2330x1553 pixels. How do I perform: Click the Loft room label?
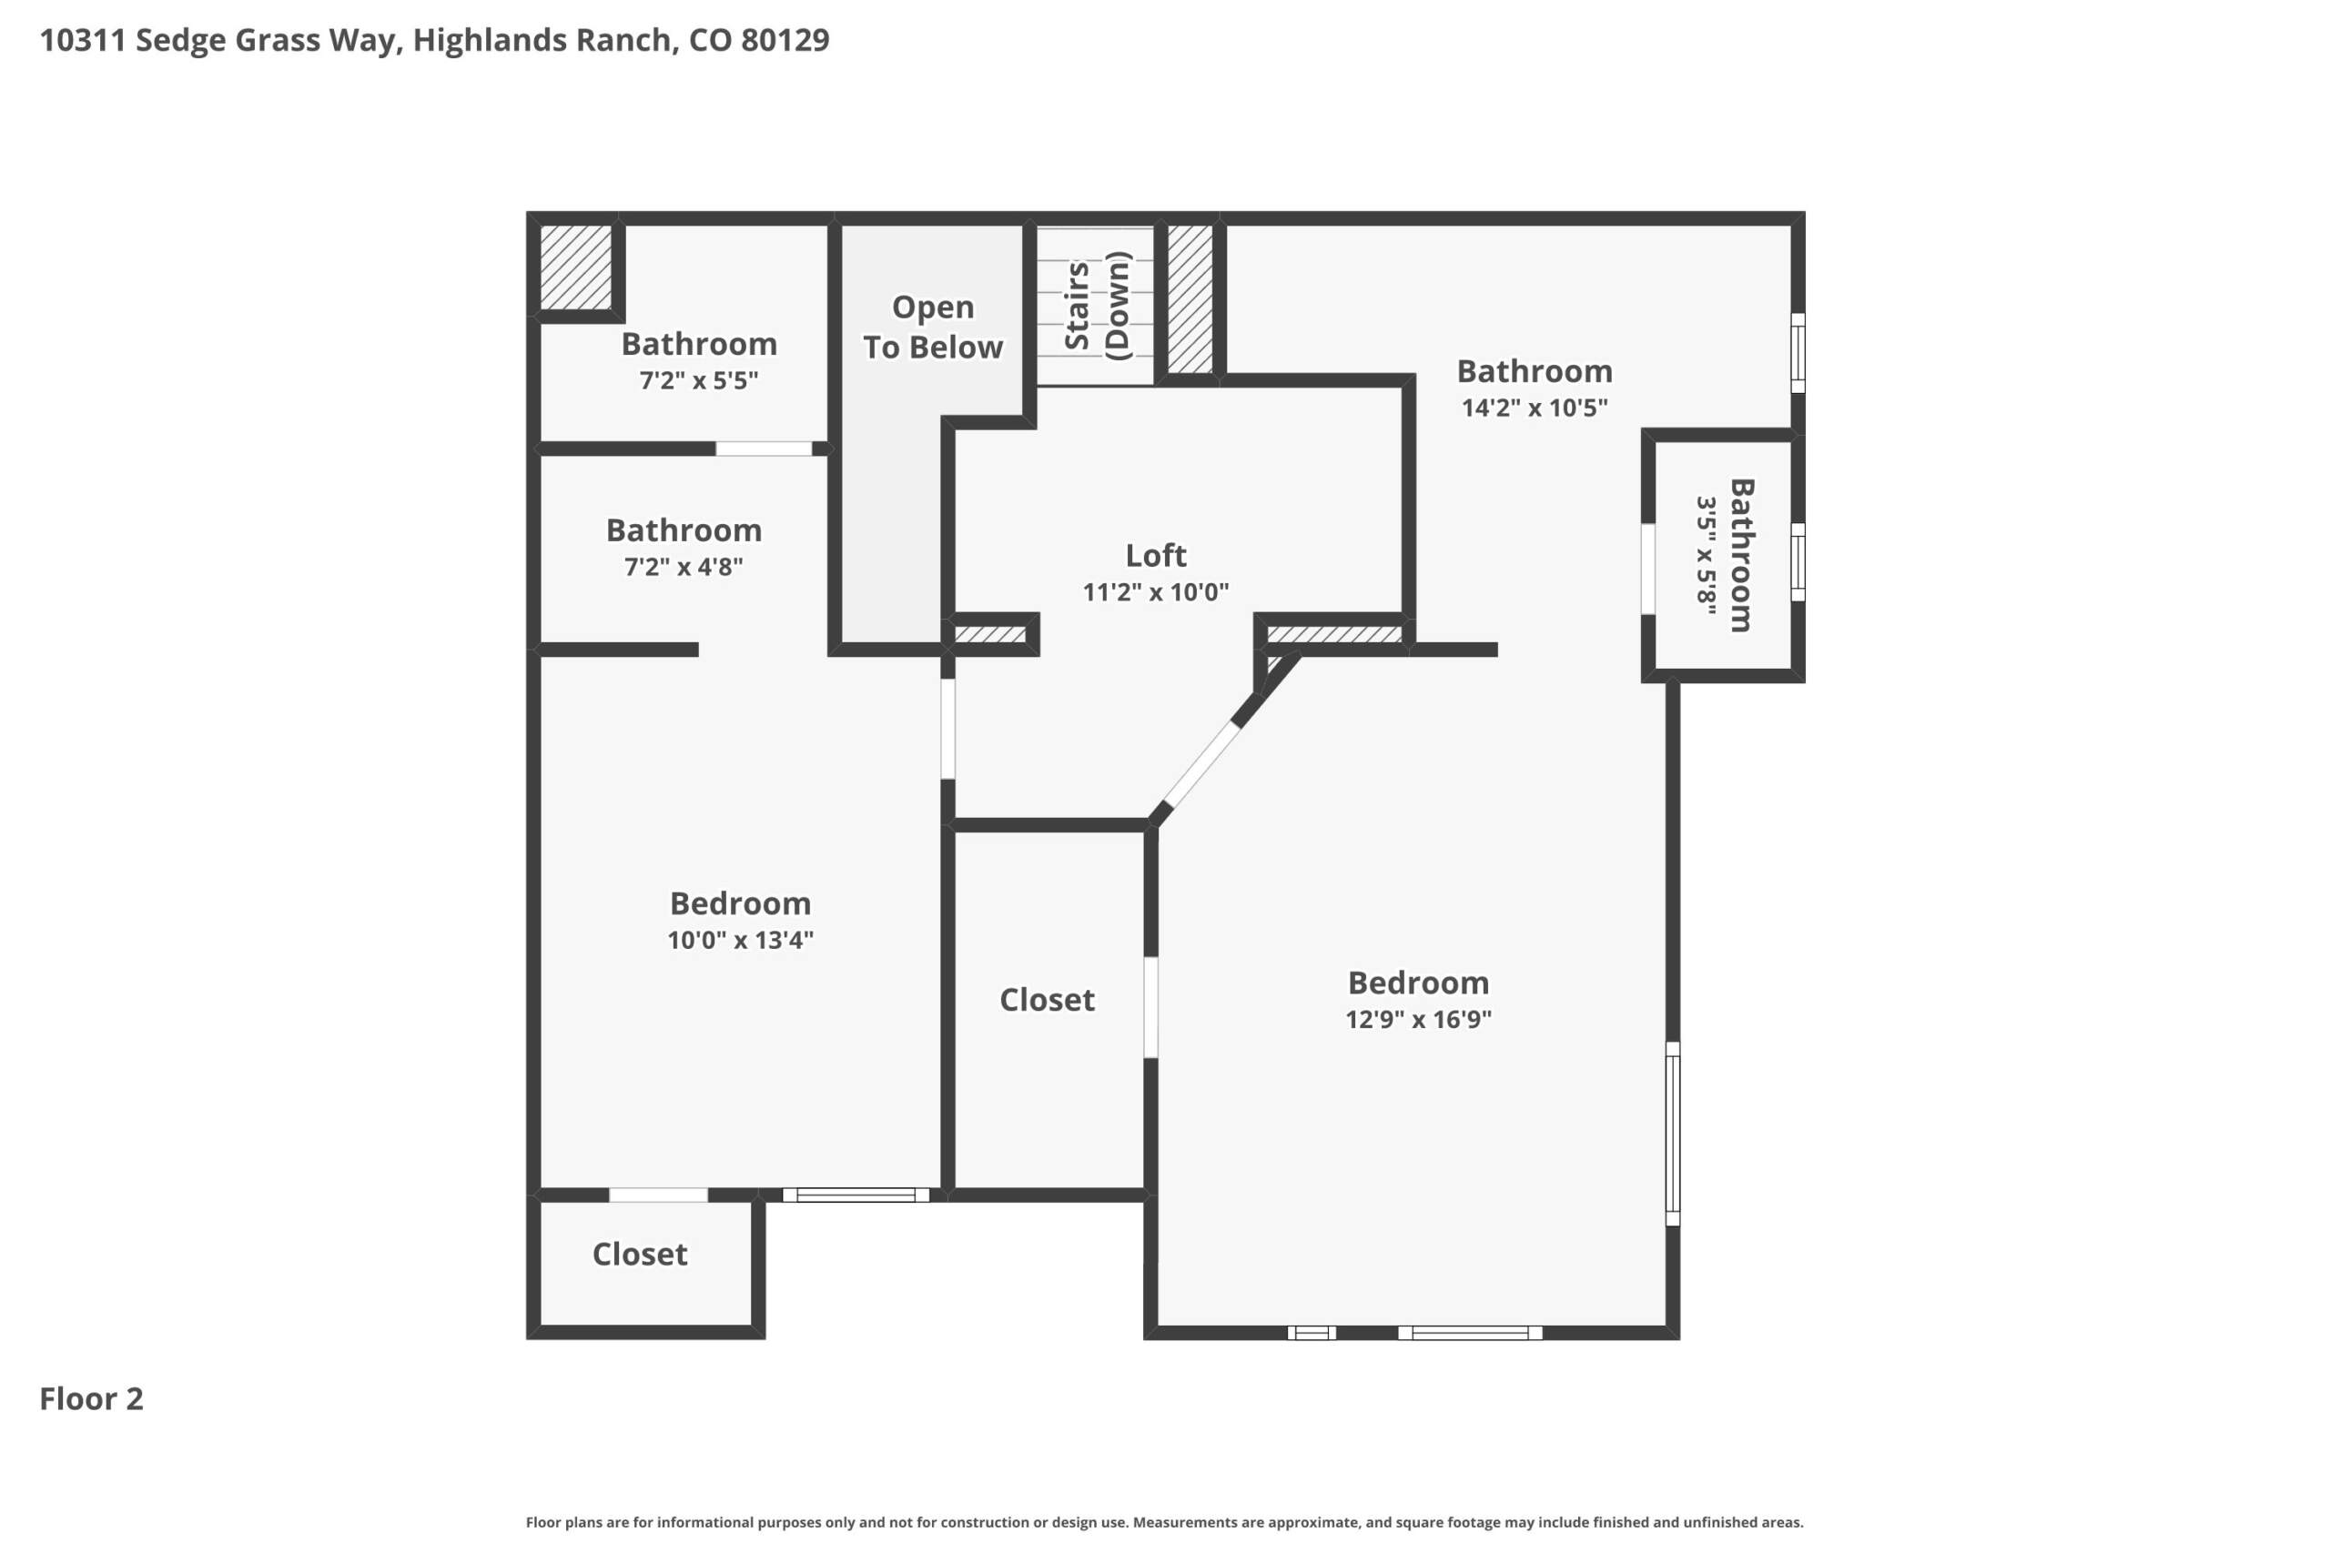click(x=1155, y=555)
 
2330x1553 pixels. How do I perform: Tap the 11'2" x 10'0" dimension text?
click(x=1155, y=591)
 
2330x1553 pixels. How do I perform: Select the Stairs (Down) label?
click(x=1097, y=306)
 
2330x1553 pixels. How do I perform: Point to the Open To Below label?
click(x=932, y=327)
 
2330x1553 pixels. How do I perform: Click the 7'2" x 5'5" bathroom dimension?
click(x=698, y=380)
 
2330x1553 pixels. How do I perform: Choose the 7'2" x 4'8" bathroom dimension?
click(x=684, y=567)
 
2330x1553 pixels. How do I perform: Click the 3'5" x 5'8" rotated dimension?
click(x=1705, y=556)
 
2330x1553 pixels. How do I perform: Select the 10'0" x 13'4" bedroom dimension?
click(x=740, y=940)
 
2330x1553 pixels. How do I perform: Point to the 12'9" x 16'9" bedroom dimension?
click(x=1418, y=1019)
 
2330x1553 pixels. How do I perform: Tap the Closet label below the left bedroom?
click(x=640, y=1254)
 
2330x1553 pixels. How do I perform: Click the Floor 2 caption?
click(x=91, y=1398)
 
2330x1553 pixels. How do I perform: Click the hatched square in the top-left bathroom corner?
click(x=575, y=267)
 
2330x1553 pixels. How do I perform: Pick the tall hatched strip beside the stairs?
click(x=1190, y=299)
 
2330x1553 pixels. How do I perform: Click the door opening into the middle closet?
click(x=1151, y=1007)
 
